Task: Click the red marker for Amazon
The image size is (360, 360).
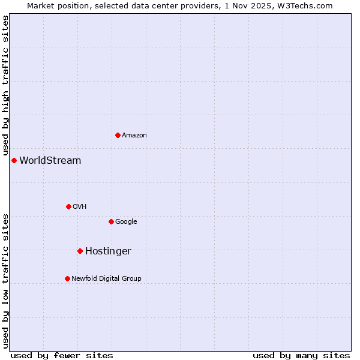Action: click(118, 135)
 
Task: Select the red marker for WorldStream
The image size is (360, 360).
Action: click(14, 160)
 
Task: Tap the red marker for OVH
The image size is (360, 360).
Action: click(68, 206)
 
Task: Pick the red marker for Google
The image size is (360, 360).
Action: click(111, 221)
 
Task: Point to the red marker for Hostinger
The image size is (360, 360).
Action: click(80, 251)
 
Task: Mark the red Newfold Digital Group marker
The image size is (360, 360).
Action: click(67, 278)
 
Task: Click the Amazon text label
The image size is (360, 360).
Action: click(134, 136)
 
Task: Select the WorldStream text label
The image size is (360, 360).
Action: click(50, 161)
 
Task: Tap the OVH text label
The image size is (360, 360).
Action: click(80, 207)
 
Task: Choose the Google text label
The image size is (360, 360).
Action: click(126, 222)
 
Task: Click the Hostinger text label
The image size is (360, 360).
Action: click(108, 251)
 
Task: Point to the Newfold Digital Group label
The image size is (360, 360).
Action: click(106, 279)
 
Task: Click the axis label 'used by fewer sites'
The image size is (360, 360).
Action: click(62, 356)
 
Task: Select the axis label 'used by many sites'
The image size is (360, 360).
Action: click(301, 356)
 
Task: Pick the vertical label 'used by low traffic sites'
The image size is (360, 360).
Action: click(5, 280)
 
